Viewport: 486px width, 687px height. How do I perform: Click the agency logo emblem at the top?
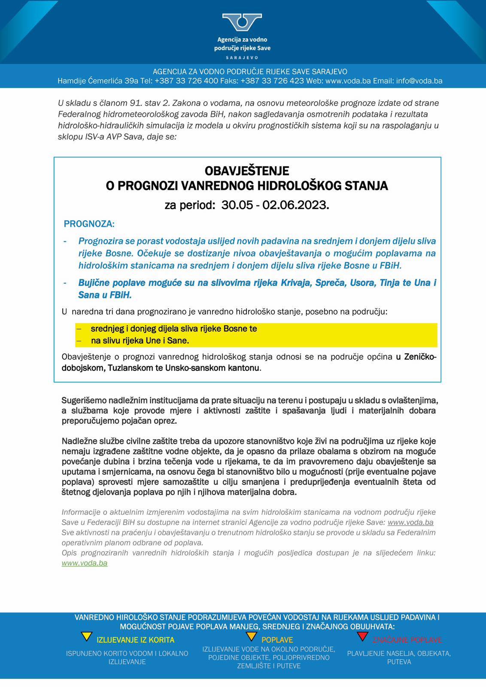click(242, 22)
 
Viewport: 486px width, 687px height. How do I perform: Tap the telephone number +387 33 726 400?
click(186, 81)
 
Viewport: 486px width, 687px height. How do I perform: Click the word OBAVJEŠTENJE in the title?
click(247, 171)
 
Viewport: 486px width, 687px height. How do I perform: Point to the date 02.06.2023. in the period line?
click(296, 205)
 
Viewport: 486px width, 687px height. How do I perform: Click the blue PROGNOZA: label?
click(89, 224)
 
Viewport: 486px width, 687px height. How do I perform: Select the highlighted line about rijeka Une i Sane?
click(140, 341)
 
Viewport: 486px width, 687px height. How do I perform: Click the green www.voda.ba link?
click(85, 563)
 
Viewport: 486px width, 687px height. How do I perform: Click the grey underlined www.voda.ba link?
click(410, 523)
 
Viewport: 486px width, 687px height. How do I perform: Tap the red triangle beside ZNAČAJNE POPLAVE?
click(363, 636)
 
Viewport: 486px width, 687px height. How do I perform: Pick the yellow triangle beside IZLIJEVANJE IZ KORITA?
click(87, 636)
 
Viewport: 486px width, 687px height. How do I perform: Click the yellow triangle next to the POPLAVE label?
click(252, 636)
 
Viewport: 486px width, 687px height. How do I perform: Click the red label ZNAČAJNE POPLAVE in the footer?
click(407, 640)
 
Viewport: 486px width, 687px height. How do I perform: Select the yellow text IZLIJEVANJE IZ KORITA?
click(135, 640)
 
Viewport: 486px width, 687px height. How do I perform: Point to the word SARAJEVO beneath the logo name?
click(242, 58)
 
